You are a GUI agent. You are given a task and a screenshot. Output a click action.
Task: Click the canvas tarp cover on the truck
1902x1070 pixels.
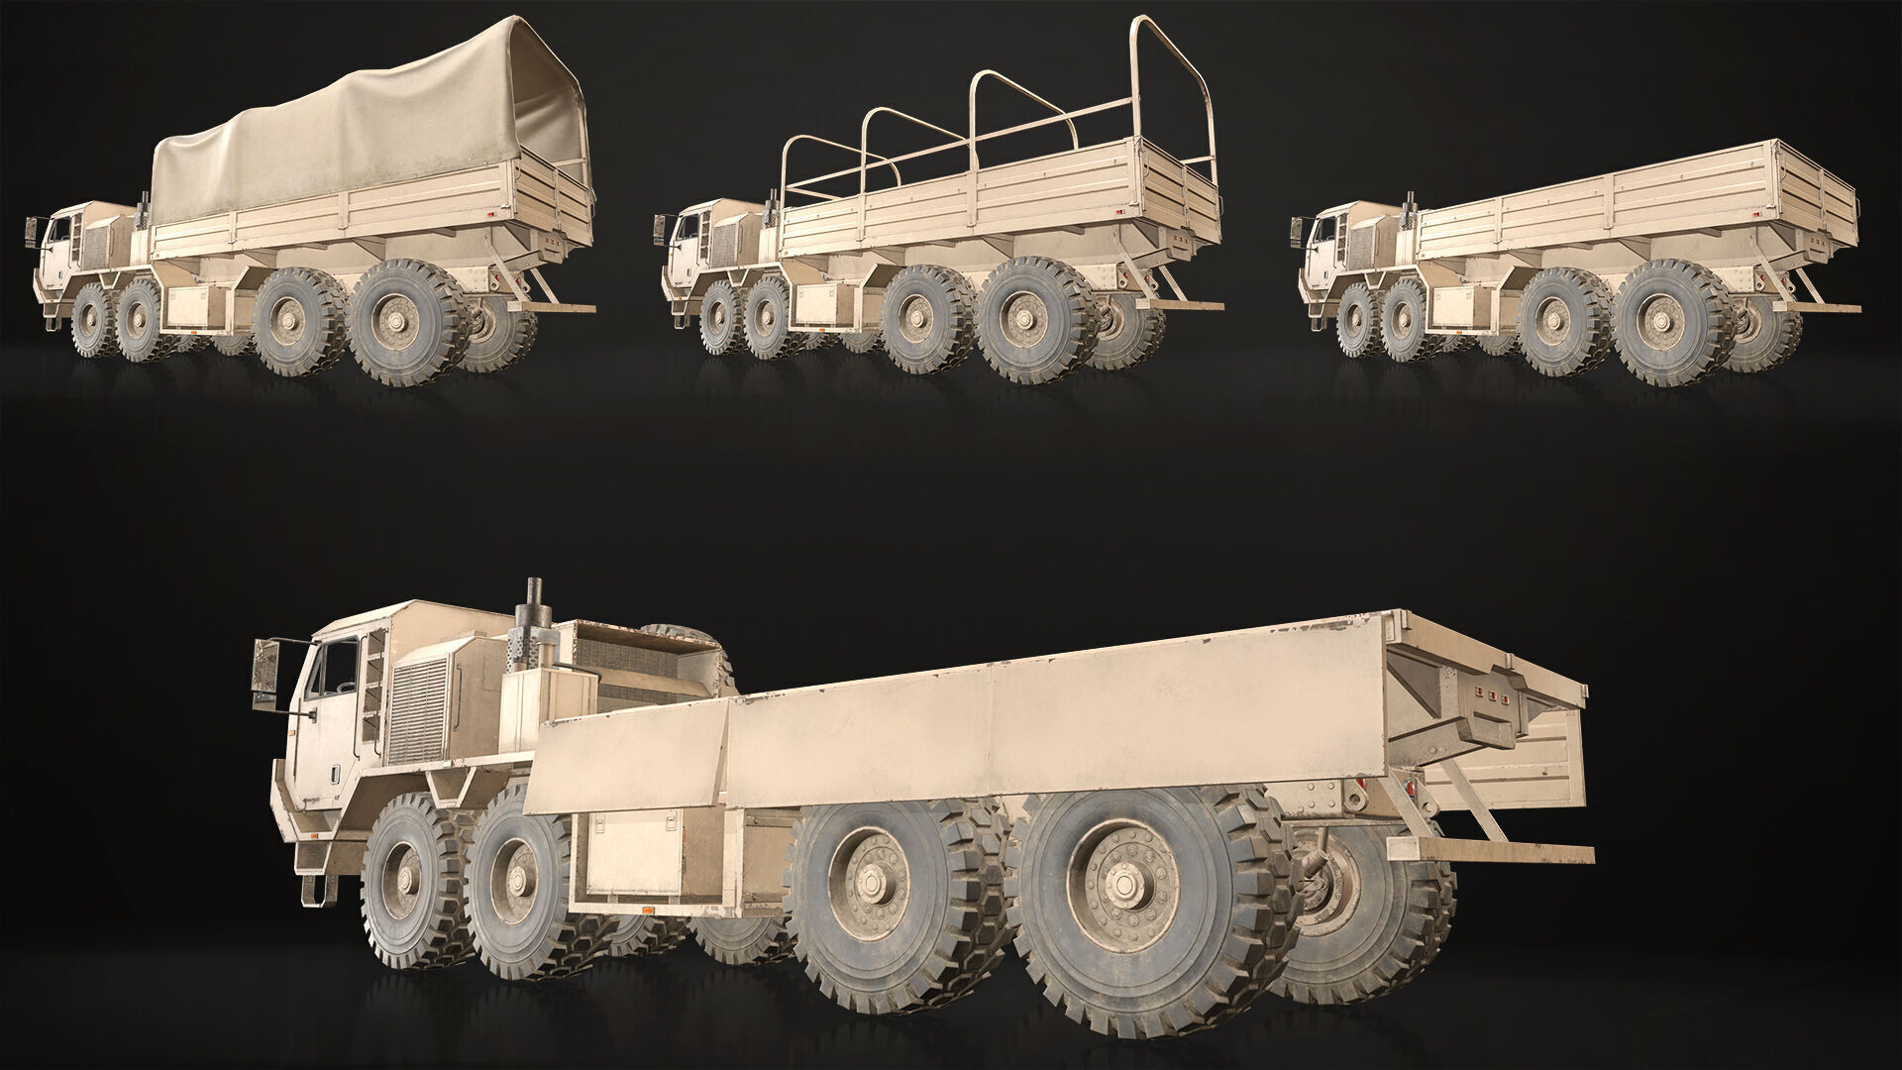(376, 129)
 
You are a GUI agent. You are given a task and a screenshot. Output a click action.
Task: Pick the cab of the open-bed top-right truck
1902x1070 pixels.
(1327, 248)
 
